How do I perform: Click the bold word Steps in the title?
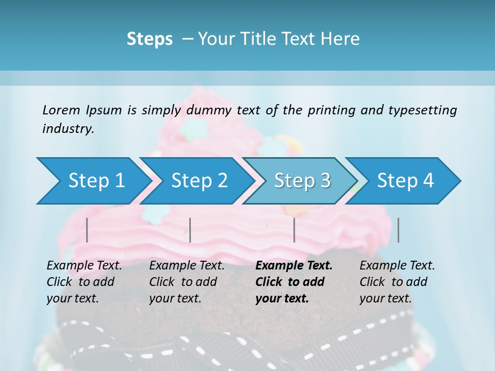coord(150,39)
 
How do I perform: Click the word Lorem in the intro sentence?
coord(61,110)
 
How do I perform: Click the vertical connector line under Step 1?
coord(87,230)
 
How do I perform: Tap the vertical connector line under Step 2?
coord(190,230)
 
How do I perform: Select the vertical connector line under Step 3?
coord(294,230)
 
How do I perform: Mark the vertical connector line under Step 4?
coord(398,230)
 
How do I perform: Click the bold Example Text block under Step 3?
coord(294,282)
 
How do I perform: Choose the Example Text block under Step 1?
coord(84,282)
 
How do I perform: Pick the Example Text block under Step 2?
coord(187,282)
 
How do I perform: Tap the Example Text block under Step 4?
coord(397,282)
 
